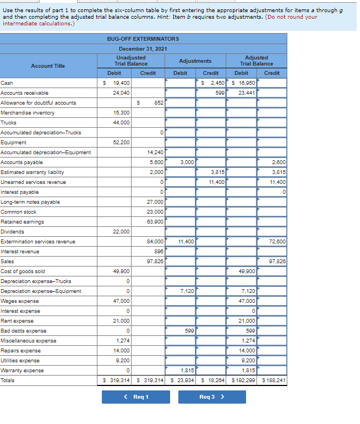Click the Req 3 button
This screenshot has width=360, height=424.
(x=212, y=397)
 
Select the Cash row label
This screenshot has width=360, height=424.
(x=7, y=83)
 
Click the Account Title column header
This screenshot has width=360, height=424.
(x=48, y=66)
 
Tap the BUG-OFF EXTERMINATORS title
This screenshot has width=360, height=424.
(x=143, y=39)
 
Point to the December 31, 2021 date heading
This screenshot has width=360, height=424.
(x=143, y=49)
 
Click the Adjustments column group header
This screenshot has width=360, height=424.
(x=195, y=61)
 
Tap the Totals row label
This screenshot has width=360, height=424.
(x=8, y=380)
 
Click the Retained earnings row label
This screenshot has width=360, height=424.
(x=22, y=222)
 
